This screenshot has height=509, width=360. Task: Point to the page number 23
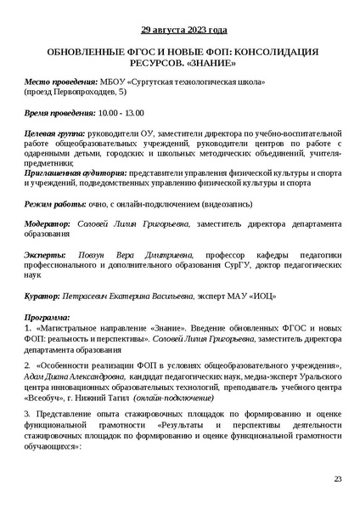click(x=337, y=479)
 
